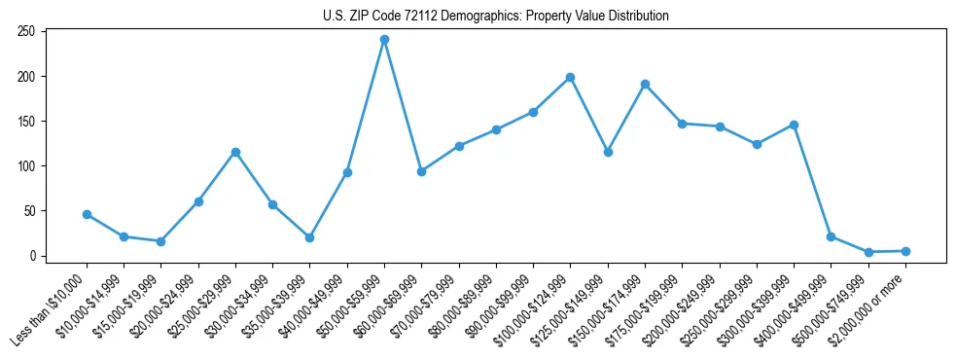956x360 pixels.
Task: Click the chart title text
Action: point(495,17)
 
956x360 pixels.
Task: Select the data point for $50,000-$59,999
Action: point(384,40)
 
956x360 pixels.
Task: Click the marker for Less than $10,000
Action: point(87,214)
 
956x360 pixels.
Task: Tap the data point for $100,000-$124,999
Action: point(570,77)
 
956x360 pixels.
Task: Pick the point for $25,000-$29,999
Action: point(235,152)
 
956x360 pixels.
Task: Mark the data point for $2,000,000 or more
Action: point(905,251)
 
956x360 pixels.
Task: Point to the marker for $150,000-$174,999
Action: point(645,84)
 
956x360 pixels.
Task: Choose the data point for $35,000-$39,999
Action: point(309,237)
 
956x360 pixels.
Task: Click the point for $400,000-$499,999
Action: point(831,236)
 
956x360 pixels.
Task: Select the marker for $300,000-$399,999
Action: point(794,125)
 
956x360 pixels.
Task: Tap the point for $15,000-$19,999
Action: point(160,241)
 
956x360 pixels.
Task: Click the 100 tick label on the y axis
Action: point(26,166)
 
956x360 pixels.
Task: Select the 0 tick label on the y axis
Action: point(32,256)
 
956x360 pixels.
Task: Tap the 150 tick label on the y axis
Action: point(26,122)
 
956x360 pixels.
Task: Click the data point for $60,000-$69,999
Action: point(421,171)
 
